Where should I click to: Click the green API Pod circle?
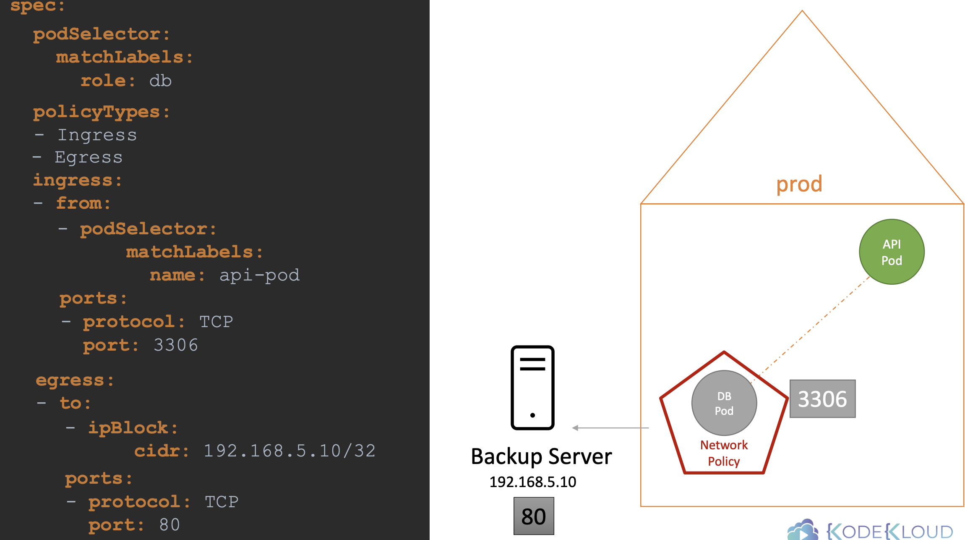point(892,252)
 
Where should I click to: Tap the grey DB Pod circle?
point(724,403)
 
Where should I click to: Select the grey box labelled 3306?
point(822,399)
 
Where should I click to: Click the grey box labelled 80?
point(534,516)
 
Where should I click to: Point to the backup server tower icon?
point(532,388)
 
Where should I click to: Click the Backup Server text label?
point(541,456)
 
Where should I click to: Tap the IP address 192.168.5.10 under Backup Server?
point(533,482)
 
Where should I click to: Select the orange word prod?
point(799,184)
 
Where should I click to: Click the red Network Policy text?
point(724,453)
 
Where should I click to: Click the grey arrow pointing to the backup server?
point(610,428)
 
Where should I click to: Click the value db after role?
point(160,81)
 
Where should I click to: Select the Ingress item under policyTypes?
point(97,135)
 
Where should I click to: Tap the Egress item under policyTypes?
point(89,157)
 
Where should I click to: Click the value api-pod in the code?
point(259,275)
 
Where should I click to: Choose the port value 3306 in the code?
point(175,345)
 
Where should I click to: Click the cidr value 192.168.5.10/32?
point(289,451)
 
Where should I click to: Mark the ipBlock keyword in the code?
point(128,428)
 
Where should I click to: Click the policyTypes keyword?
point(96,112)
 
